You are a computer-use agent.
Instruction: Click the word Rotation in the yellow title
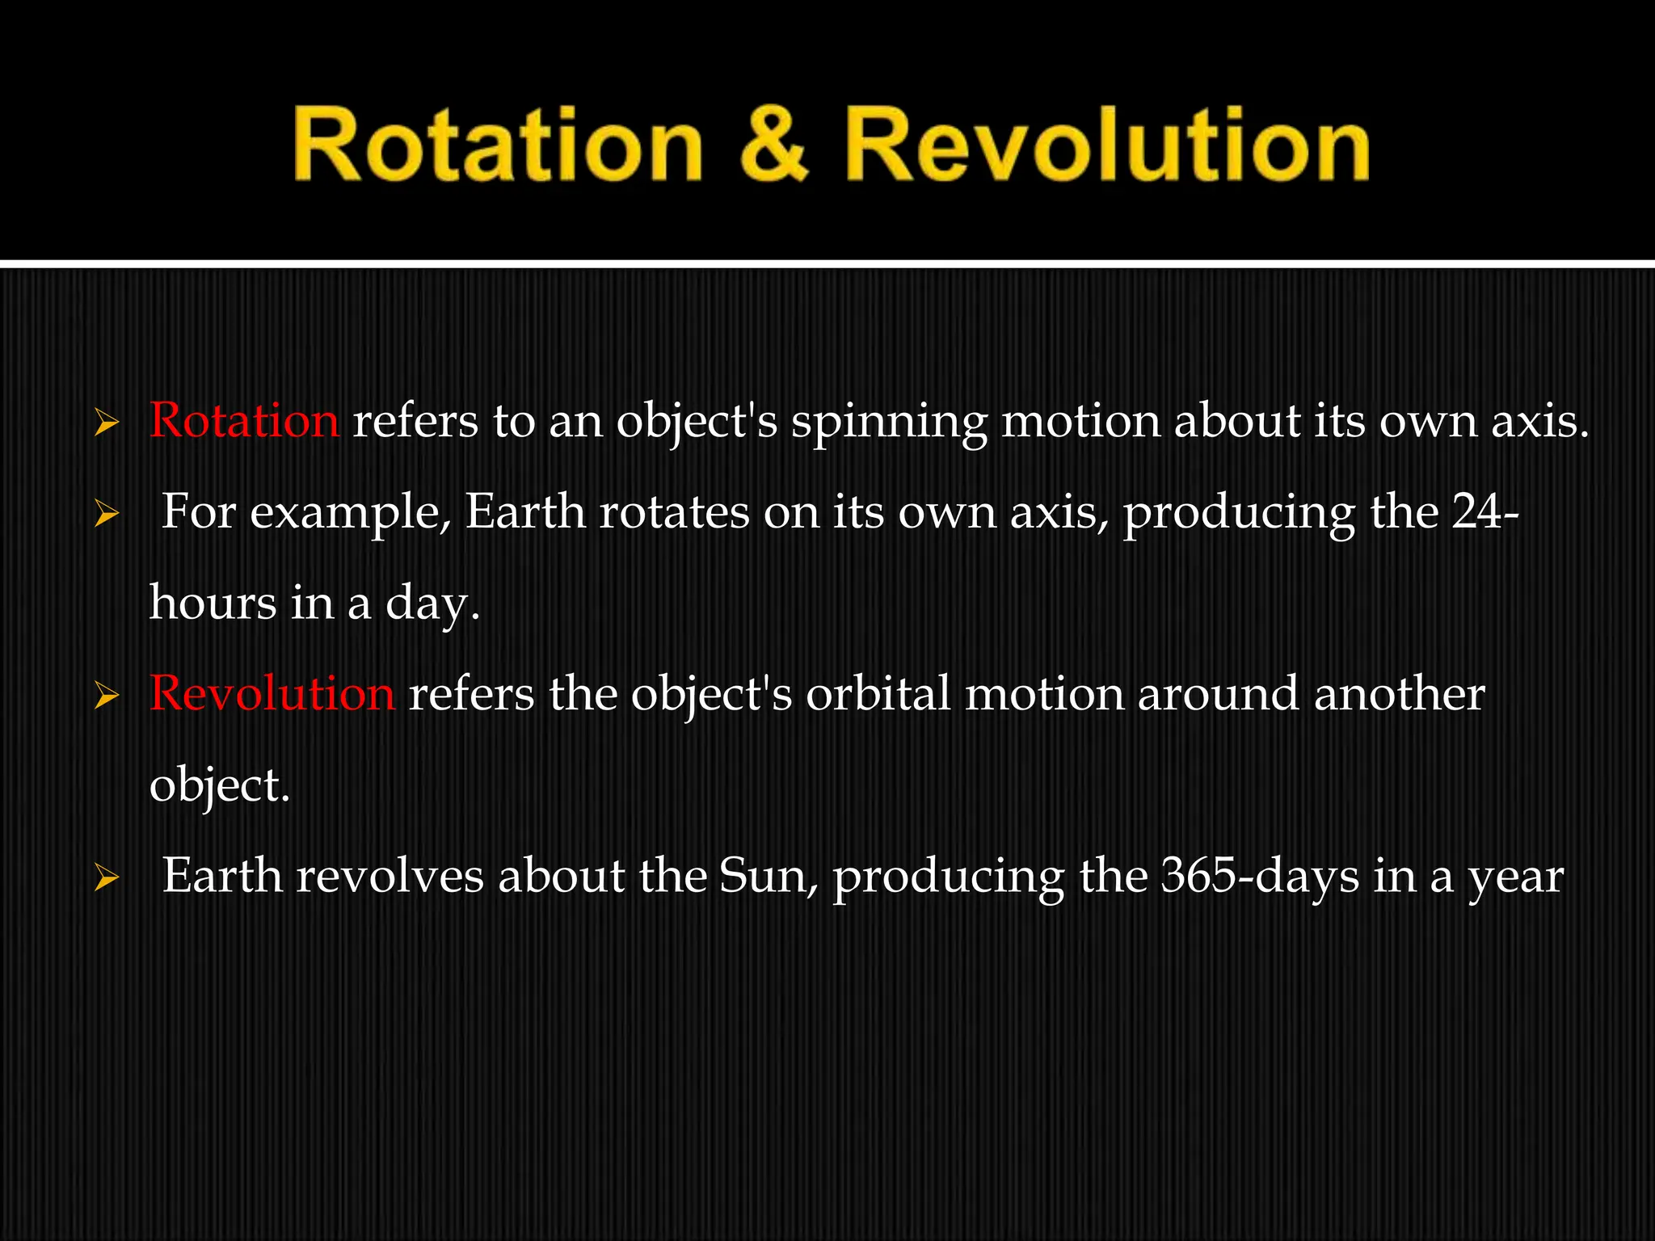[x=497, y=145]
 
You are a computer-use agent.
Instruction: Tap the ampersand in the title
[x=774, y=145]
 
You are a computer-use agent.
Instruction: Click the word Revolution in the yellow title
[x=1107, y=145]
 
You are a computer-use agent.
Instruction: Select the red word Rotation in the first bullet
[x=244, y=421]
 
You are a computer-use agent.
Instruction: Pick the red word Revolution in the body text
[x=272, y=694]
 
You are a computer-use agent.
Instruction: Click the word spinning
[x=888, y=423]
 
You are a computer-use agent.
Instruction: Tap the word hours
[x=213, y=603]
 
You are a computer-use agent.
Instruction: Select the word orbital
[x=878, y=694]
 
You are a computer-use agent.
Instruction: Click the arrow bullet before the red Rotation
[x=107, y=423]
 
